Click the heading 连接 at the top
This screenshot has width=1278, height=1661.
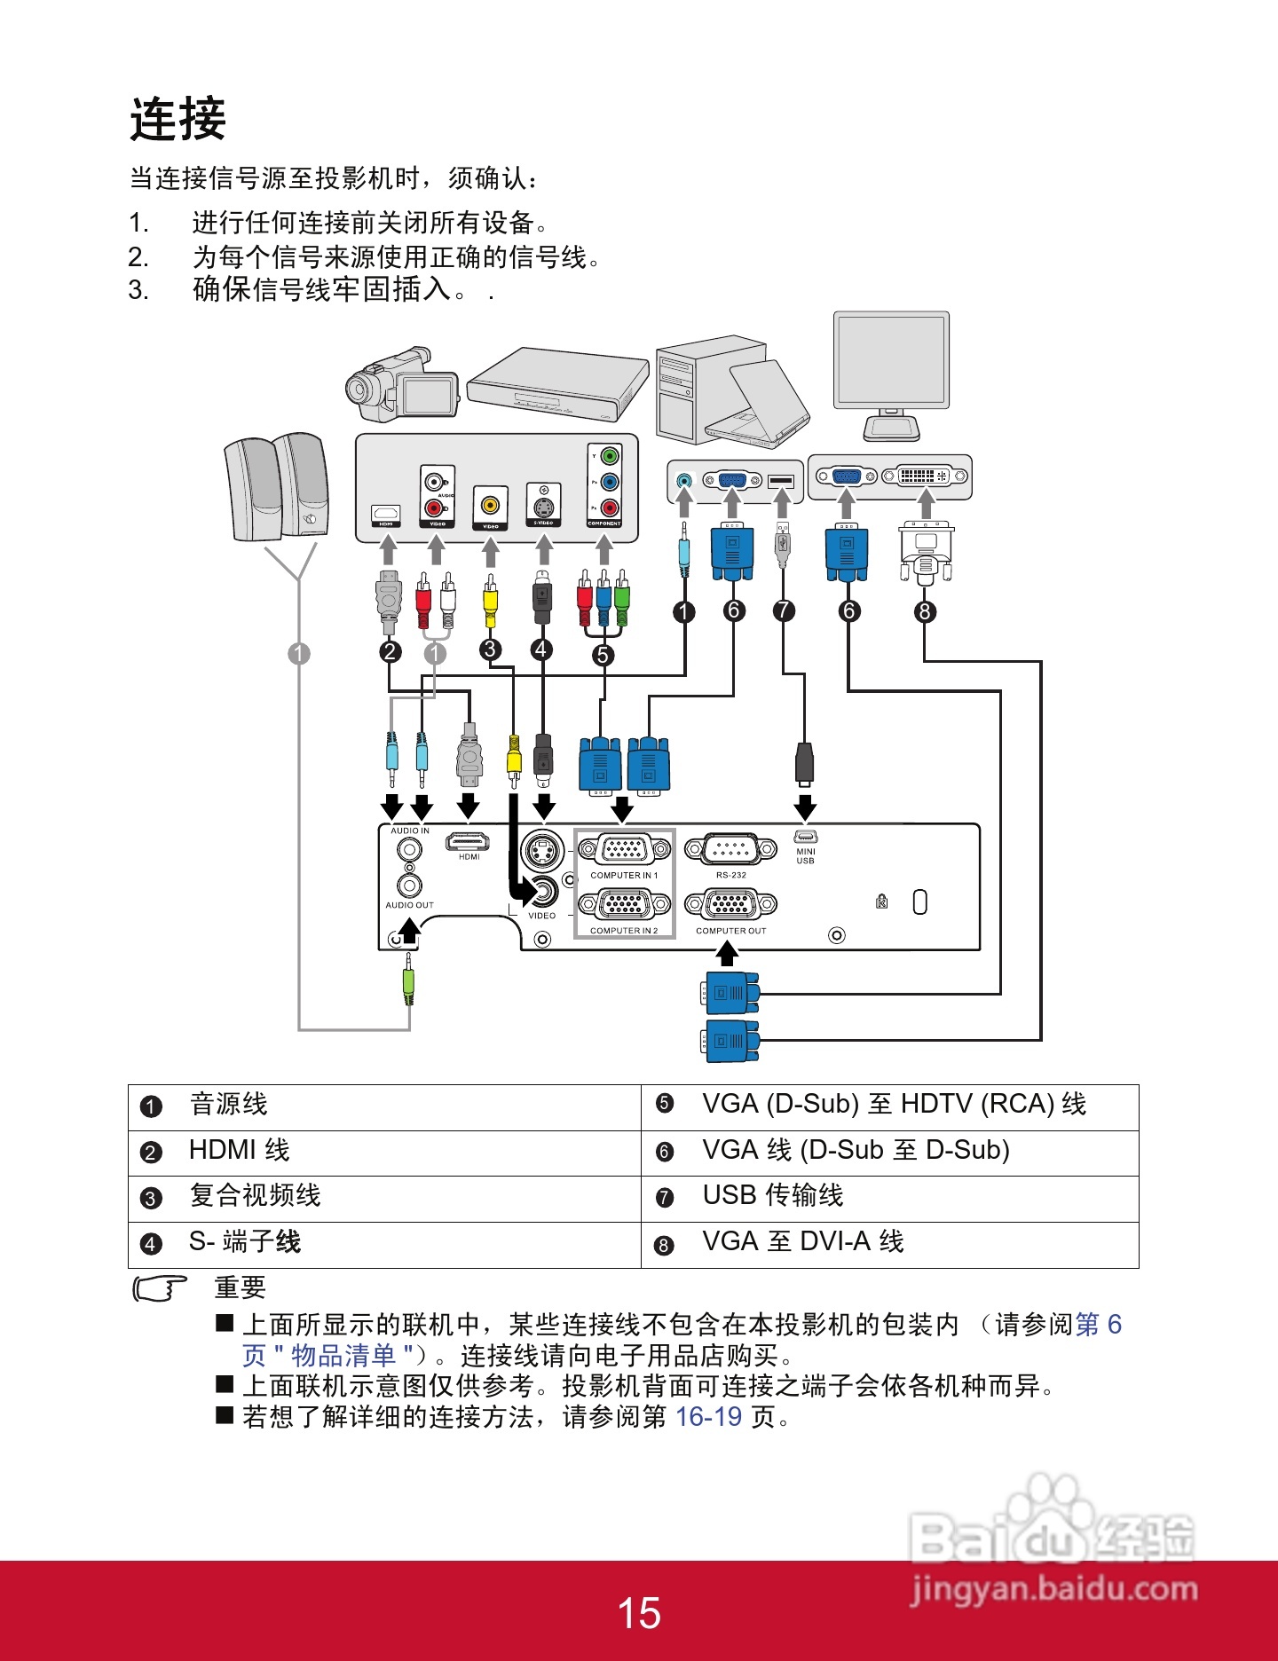(177, 120)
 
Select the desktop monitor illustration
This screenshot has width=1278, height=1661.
(891, 373)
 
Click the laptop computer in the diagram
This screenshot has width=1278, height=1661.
(765, 404)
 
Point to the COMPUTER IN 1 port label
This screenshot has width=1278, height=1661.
(624, 876)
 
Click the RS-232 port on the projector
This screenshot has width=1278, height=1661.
(730, 850)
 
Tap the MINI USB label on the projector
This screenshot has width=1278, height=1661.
(805, 855)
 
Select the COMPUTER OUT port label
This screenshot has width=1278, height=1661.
(730, 931)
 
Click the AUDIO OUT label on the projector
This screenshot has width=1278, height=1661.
(409, 905)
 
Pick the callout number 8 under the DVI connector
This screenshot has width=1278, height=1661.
(925, 611)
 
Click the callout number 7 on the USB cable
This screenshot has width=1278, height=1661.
(784, 610)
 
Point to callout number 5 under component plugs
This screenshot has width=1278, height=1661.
(603, 655)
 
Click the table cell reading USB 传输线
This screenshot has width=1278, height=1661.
(772, 1196)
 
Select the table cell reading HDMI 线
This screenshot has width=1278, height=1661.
(239, 1151)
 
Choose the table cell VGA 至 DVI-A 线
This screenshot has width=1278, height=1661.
(802, 1242)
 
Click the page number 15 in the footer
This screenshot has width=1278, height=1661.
(638, 1613)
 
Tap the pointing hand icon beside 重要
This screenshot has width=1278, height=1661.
(161, 1287)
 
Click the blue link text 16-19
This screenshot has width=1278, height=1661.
(708, 1417)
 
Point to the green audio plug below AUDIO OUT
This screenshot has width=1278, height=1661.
(408, 985)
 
